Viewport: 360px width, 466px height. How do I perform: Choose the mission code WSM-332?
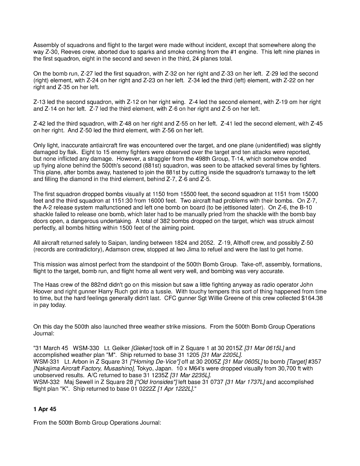[46, 382]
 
